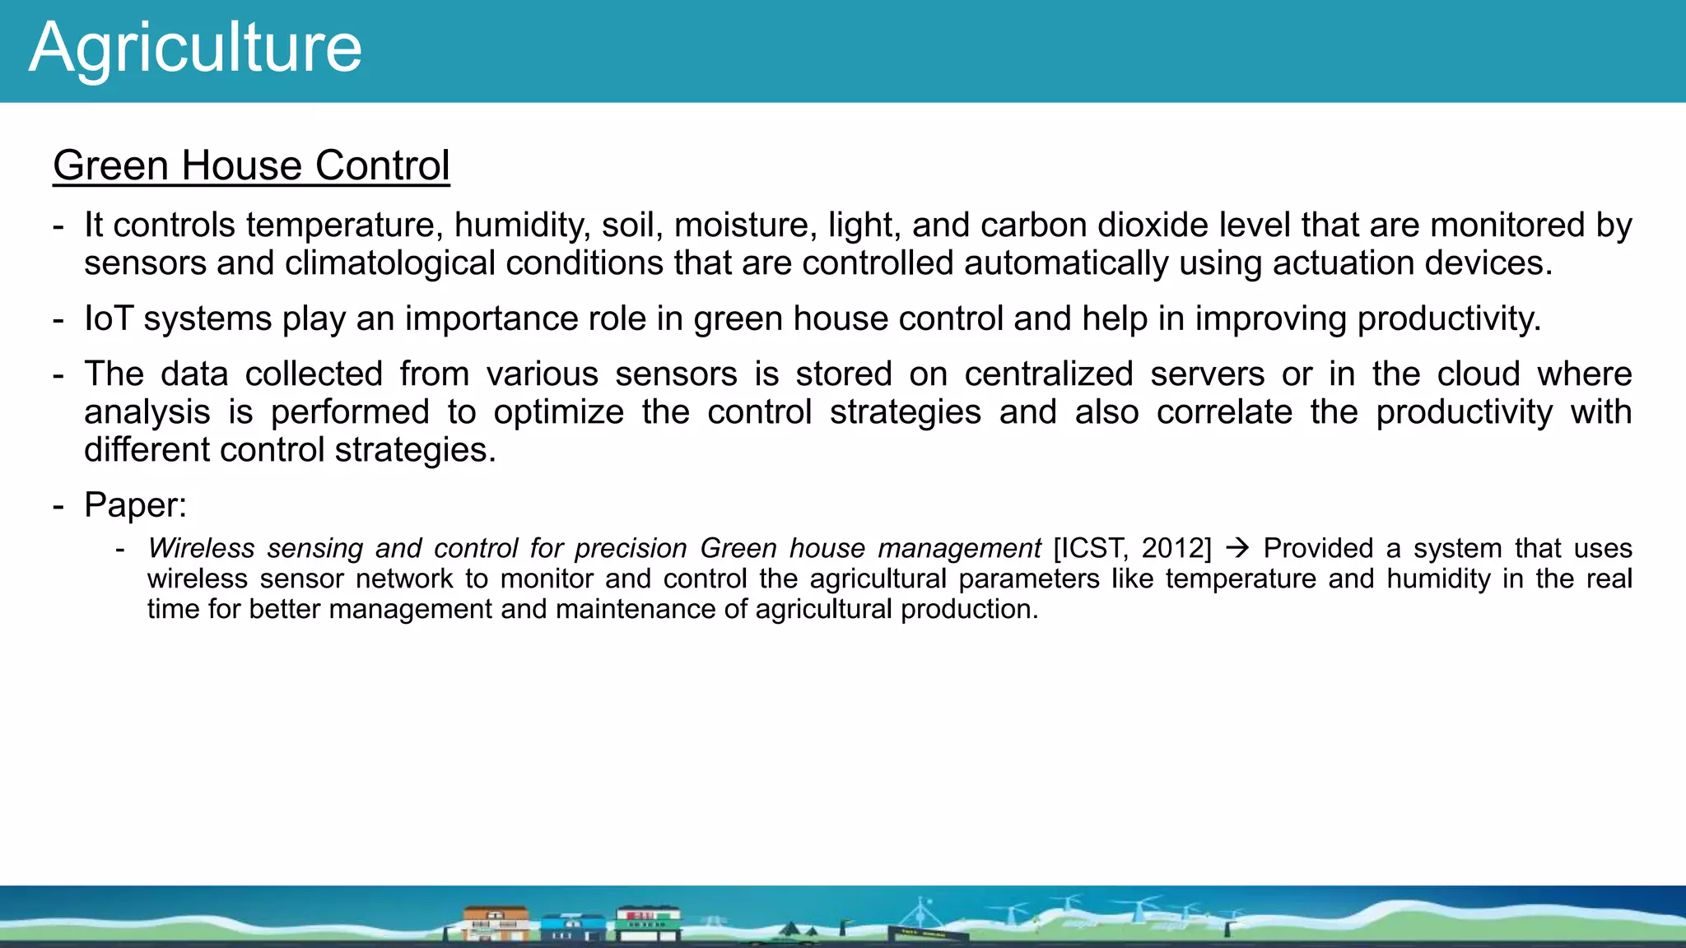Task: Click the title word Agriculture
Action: pos(195,48)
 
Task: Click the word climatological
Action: pos(390,263)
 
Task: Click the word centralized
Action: pos(1049,374)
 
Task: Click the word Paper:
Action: pos(136,505)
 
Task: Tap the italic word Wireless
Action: pos(202,548)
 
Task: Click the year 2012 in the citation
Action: pos(1172,548)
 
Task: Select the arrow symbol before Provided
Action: pos(1237,548)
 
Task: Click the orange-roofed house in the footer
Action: pos(496,923)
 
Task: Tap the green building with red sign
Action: pos(649,922)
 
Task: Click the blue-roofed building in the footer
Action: pos(572,927)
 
